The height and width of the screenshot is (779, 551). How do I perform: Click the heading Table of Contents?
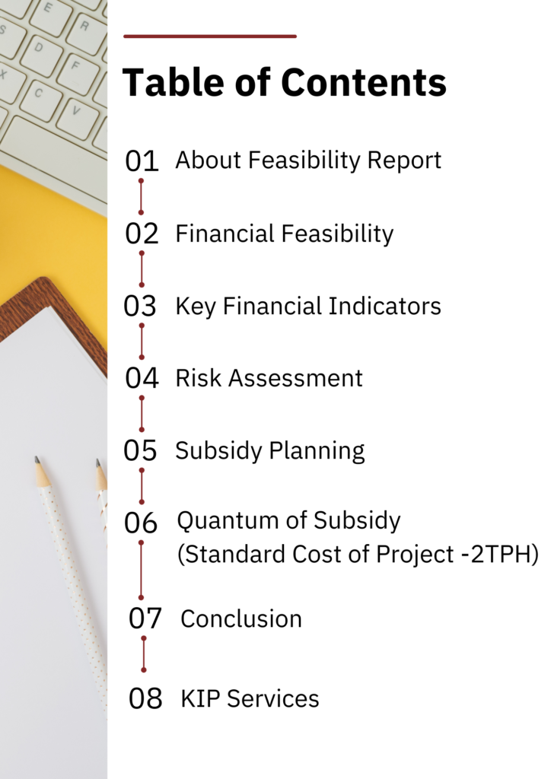pyautogui.click(x=284, y=82)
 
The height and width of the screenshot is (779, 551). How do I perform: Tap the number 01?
pyautogui.click(x=142, y=161)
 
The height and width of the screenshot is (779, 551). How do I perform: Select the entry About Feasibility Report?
pyautogui.click(x=308, y=161)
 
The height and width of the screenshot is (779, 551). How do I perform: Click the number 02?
pyautogui.click(x=142, y=234)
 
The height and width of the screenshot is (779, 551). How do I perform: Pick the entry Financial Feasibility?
pyautogui.click(x=284, y=234)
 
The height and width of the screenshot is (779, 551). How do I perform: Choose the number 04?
pyautogui.click(x=142, y=378)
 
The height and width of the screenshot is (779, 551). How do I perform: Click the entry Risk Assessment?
pyautogui.click(x=269, y=378)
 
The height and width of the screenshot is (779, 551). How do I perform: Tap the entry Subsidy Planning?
pyautogui.click(x=269, y=451)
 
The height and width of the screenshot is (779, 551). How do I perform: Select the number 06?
pyautogui.click(x=141, y=523)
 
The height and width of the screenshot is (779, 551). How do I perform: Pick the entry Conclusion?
pyautogui.click(x=241, y=619)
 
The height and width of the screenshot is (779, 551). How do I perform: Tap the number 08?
pyautogui.click(x=145, y=698)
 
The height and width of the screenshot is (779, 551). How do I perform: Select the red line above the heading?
pyautogui.click(x=209, y=37)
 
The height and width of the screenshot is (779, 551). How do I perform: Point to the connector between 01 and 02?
pyautogui.click(x=141, y=197)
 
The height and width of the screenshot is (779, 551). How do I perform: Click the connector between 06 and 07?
pyautogui.click(x=141, y=570)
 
